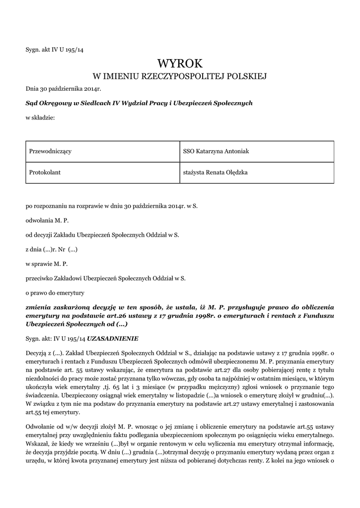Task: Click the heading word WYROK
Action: tap(180, 63)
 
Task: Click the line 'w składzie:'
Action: tap(40, 118)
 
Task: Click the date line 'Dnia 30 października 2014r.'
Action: tap(63, 88)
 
